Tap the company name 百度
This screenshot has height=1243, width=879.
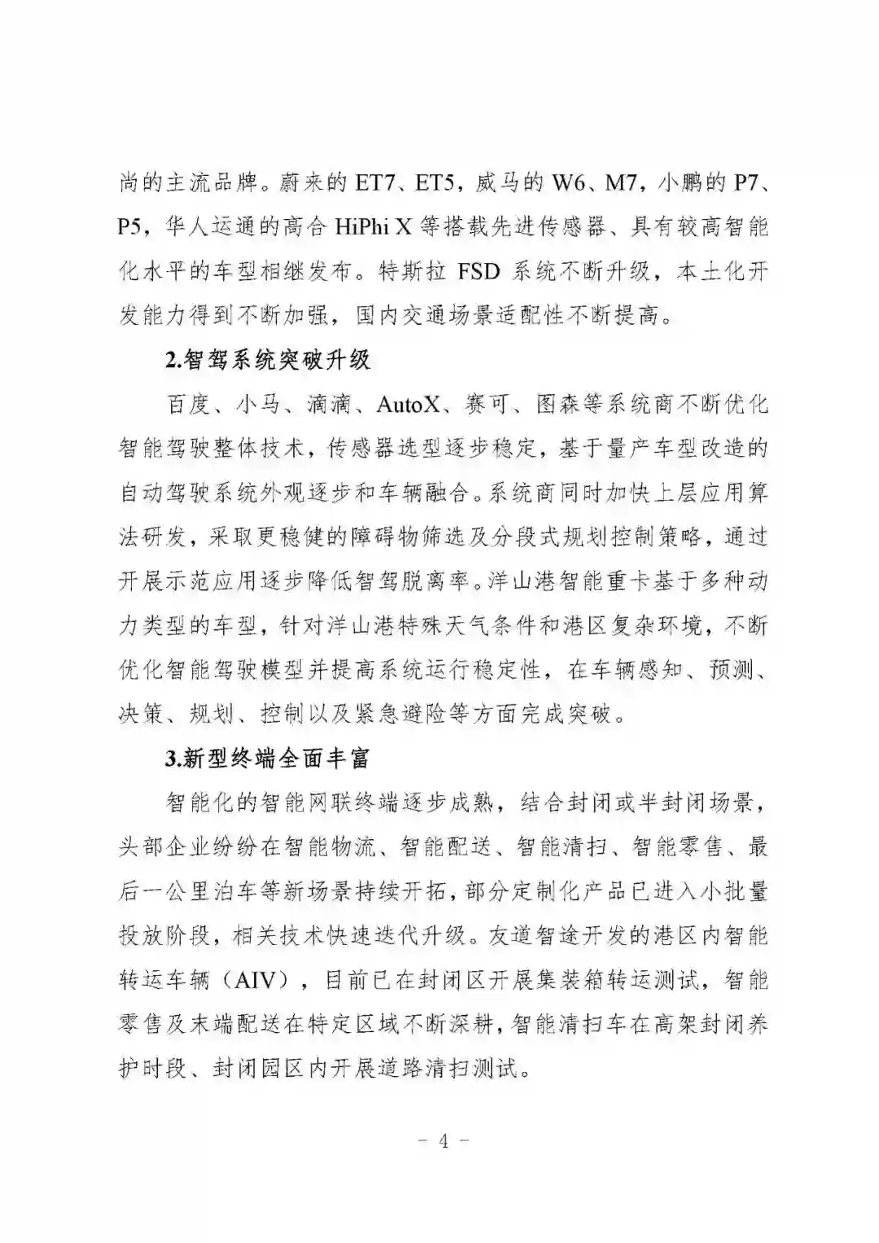[x=187, y=404]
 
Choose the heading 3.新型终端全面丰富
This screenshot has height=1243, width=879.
[x=267, y=758]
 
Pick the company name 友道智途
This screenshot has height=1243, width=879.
[x=550, y=935]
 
